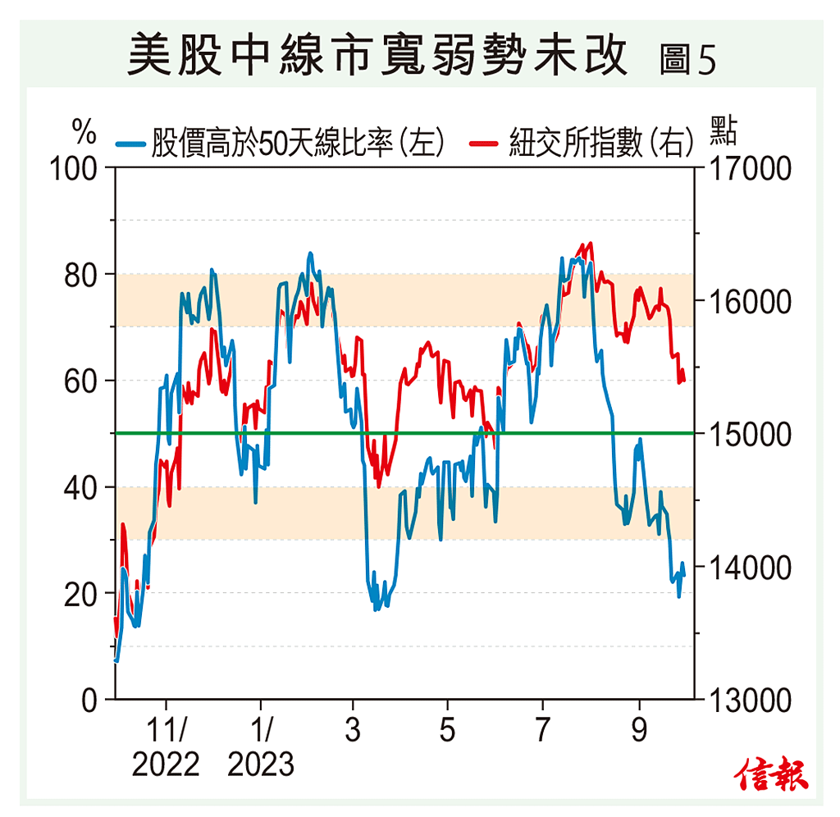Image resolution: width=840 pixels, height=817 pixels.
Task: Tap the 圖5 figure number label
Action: pyautogui.click(x=687, y=59)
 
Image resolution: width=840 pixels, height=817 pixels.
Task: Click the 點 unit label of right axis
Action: pyautogui.click(x=723, y=131)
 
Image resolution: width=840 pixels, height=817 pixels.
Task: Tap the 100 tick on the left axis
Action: pyautogui.click(x=73, y=168)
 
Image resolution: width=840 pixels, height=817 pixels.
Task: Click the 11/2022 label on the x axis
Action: pyautogui.click(x=166, y=747)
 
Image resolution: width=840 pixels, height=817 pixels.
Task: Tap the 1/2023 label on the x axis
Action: pyautogui.click(x=261, y=747)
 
